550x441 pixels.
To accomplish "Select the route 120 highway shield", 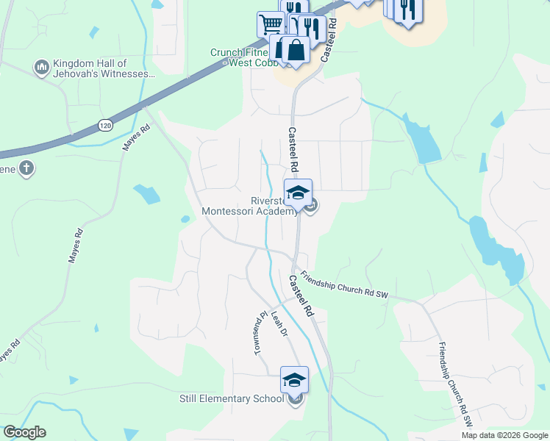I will [106, 126].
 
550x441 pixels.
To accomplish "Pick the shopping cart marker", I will [270, 24].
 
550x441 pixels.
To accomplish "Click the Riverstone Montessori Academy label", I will [251, 205].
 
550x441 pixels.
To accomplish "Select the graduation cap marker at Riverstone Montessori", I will [299, 193].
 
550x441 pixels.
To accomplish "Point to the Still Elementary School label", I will [232, 398].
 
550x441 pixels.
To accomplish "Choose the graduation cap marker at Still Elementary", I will [294, 380].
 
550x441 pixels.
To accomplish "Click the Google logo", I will [24, 432].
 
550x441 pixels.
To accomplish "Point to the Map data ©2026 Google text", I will [504, 435].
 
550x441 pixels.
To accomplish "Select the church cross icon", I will [26, 168].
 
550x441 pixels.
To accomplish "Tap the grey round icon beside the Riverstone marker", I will [311, 207].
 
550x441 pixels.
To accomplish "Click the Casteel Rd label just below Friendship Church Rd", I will [301, 295].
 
